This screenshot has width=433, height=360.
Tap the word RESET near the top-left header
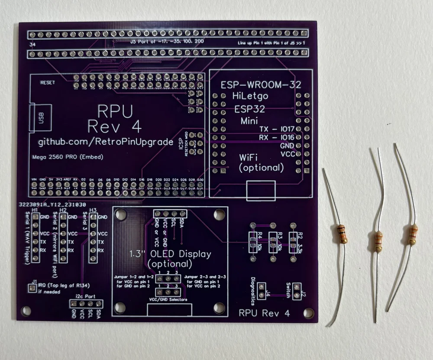pyautogui.click(x=47, y=82)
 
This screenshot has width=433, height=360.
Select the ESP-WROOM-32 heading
pyautogui.click(x=261, y=85)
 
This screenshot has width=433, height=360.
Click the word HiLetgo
pyautogui.click(x=250, y=96)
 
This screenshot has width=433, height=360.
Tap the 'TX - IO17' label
pyautogui.click(x=277, y=129)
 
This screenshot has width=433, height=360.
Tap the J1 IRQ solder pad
pyautogui.click(x=32, y=287)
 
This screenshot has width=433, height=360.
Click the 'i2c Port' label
pyautogui.click(x=88, y=296)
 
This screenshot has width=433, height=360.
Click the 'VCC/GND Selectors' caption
pyautogui.click(x=168, y=300)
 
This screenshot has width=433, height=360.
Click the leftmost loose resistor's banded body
pyautogui.click(x=342, y=234)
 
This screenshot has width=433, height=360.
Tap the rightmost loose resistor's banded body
pyautogui.click(x=412, y=234)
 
